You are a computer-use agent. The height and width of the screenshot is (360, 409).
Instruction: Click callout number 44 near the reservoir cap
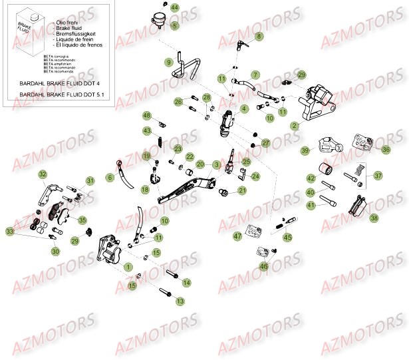click(175, 7)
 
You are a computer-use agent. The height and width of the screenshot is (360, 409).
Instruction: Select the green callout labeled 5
click(175, 26)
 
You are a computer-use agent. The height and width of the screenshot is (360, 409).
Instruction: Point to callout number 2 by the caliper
click(295, 124)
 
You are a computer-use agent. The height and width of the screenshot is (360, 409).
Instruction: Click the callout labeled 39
click(305, 151)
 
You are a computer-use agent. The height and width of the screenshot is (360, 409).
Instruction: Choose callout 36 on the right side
click(386, 150)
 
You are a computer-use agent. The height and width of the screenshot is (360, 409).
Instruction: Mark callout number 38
click(374, 218)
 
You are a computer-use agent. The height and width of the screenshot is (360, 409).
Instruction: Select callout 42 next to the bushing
click(311, 178)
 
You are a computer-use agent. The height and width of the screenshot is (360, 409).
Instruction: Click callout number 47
click(237, 236)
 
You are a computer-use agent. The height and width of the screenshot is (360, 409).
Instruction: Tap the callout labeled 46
click(264, 267)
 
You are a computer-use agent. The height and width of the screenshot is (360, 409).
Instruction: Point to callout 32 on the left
click(43, 174)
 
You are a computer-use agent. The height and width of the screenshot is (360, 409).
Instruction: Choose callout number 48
click(147, 116)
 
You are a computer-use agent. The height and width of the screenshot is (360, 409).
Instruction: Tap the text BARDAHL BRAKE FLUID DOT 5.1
click(61, 94)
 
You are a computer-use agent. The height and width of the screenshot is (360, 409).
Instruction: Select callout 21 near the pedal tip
click(242, 190)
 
